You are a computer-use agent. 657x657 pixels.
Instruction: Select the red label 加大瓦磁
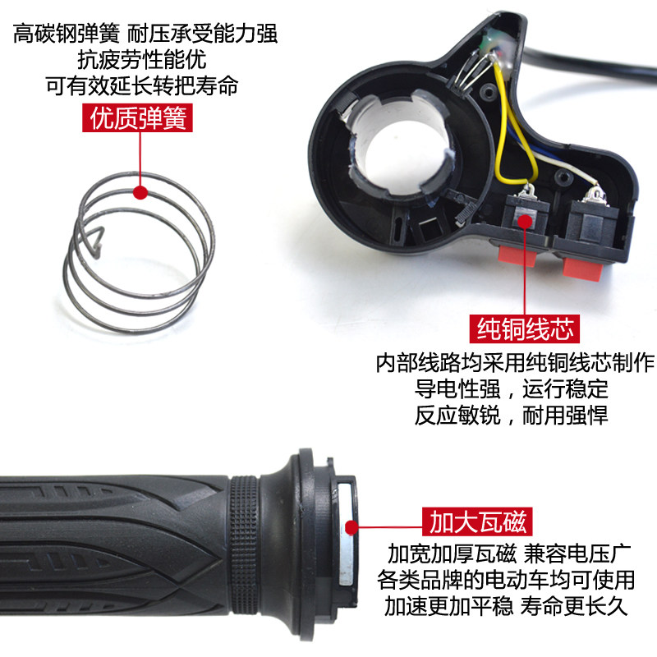(x=477, y=521)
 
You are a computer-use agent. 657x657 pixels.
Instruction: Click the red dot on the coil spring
(x=140, y=193)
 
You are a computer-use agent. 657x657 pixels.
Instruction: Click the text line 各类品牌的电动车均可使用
(x=511, y=579)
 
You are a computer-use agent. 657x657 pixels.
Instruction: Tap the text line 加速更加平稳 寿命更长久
(x=511, y=606)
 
